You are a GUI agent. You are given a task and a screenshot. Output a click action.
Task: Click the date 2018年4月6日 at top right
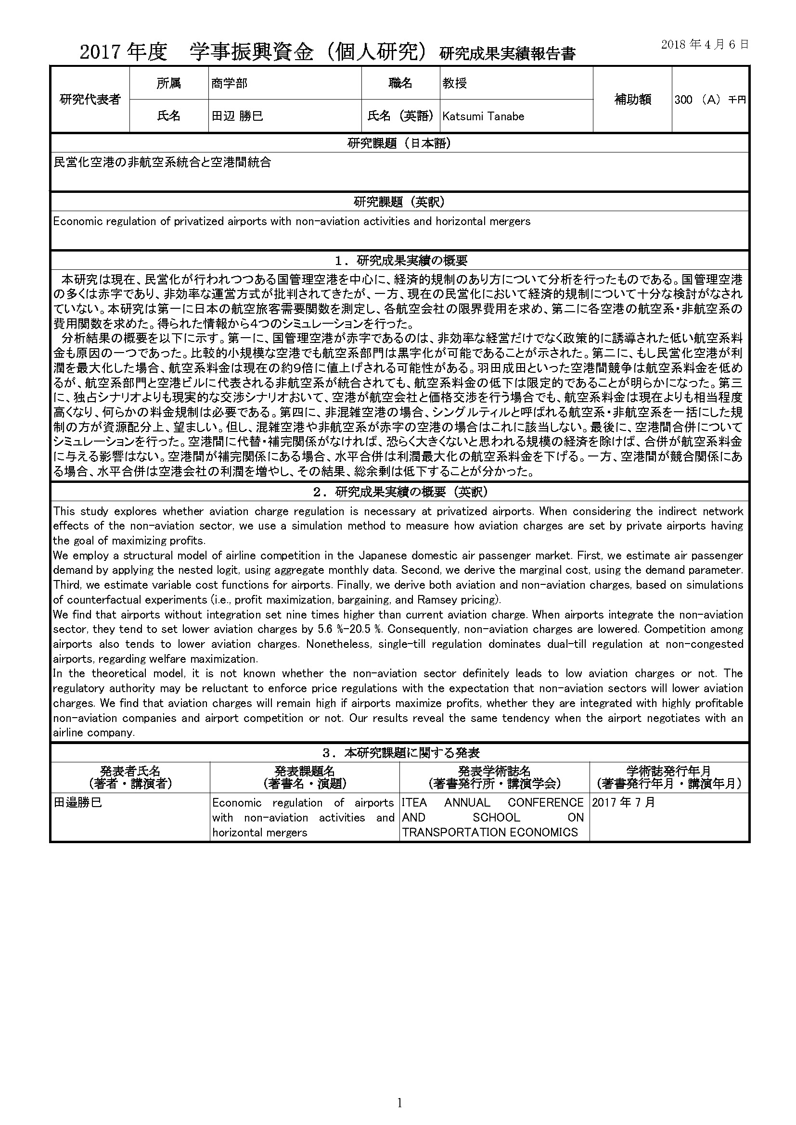point(705,45)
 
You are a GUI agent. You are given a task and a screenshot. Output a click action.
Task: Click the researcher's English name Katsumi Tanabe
point(483,116)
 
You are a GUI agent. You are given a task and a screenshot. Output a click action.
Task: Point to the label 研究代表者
point(90,100)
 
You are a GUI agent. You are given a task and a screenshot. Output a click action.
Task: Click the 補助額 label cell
point(632,100)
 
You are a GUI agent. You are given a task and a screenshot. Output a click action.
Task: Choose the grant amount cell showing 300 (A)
point(710,100)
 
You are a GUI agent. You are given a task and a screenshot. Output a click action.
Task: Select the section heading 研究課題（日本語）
point(399,143)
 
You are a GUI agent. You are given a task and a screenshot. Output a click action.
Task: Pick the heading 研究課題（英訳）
point(399,202)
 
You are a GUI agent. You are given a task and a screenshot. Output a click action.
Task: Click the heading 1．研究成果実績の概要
point(399,260)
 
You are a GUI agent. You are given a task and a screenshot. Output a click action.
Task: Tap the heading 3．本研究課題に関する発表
point(399,753)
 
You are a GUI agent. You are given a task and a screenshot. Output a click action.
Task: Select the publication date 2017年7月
point(623,803)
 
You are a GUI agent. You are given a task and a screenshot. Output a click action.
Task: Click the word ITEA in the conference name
point(414,803)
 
